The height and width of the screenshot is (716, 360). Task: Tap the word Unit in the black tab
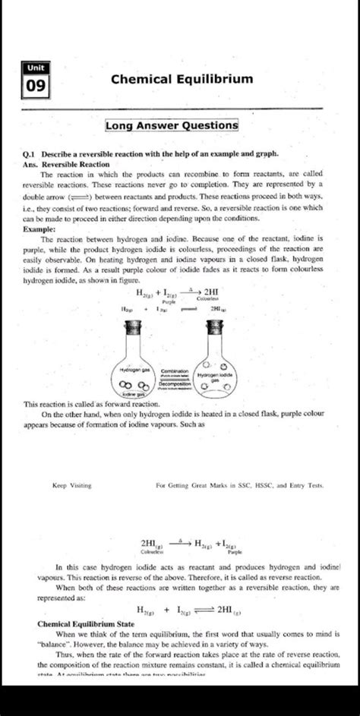[35, 68]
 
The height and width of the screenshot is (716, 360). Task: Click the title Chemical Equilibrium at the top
[182, 79]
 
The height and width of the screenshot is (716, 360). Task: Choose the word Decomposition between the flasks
[173, 385]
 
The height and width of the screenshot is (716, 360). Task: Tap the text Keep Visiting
[72, 483]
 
